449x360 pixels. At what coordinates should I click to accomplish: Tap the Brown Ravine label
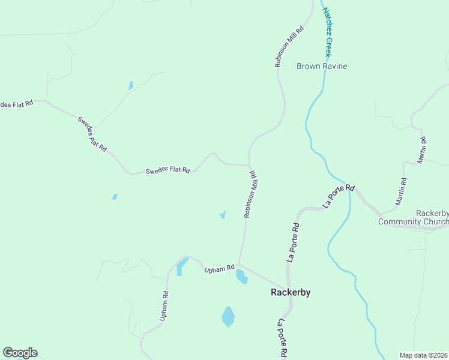coord(322,66)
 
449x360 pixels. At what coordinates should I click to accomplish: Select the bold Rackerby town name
coord(290,292)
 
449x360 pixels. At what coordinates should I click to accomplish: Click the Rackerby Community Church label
coord(413,218)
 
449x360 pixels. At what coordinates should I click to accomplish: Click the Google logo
coord(20,353)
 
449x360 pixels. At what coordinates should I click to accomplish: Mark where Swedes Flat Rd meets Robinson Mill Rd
coord(249,165)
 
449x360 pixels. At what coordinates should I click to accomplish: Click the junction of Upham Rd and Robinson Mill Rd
coord(240,264)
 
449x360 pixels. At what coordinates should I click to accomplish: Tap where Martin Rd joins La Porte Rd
coord(380,214)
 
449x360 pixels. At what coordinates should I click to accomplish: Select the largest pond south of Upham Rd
coord(228,317)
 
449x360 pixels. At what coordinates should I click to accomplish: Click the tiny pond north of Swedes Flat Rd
coord(131,86)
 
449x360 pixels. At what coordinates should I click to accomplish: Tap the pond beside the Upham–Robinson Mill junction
coord(241,277)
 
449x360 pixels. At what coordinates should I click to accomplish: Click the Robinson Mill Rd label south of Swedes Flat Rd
coord(251,193)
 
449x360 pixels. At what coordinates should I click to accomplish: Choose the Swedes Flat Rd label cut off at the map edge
coord(16,104)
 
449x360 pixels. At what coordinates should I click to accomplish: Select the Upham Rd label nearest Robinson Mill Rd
coord(218,270)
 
